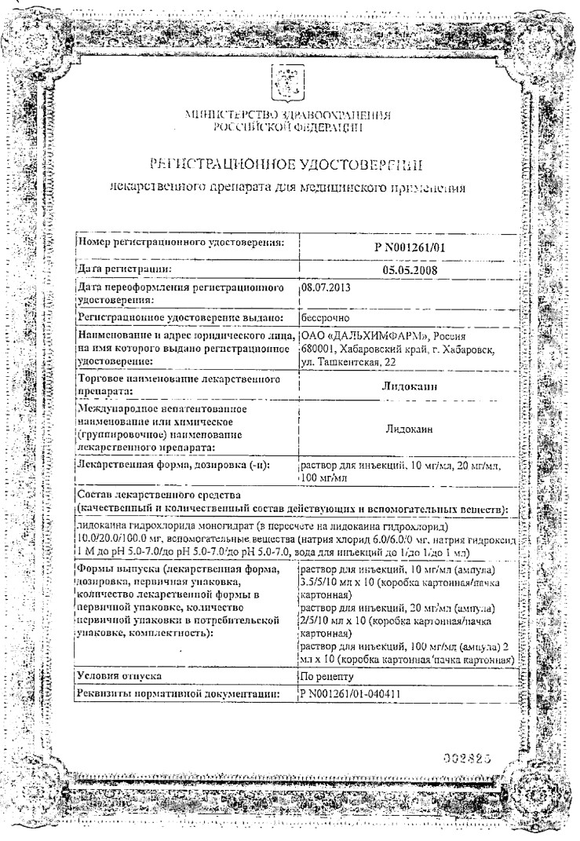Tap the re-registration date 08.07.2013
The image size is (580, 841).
[326, 288]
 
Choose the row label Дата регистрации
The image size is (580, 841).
[124, 269]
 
